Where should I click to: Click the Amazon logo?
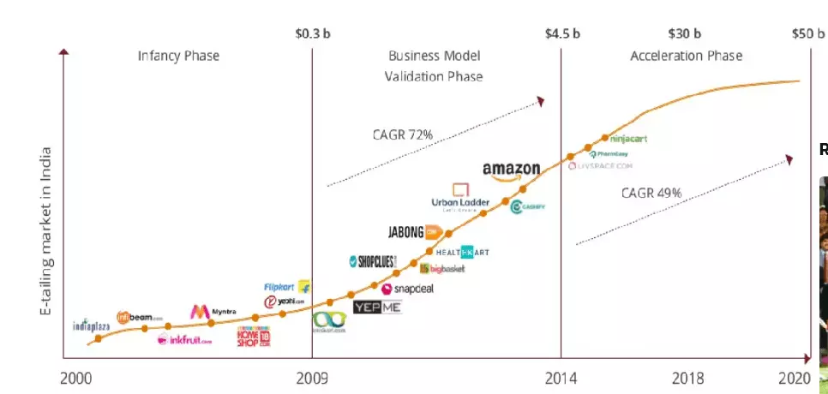point(511,170)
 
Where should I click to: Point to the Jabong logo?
point(414,231)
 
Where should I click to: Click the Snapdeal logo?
point(407,289)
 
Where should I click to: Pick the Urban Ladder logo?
point(460,197)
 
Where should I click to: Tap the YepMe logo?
point(377,307)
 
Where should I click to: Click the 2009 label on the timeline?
point(311,378)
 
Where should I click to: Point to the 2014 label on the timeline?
point(561,378)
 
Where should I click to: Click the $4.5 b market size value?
point(562,34)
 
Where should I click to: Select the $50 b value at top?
point(807,34)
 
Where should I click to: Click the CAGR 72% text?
point(402,134)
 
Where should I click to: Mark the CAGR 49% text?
point(651,194)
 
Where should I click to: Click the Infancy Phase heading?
point(178,56)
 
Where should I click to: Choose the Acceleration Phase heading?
point(686,56)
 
